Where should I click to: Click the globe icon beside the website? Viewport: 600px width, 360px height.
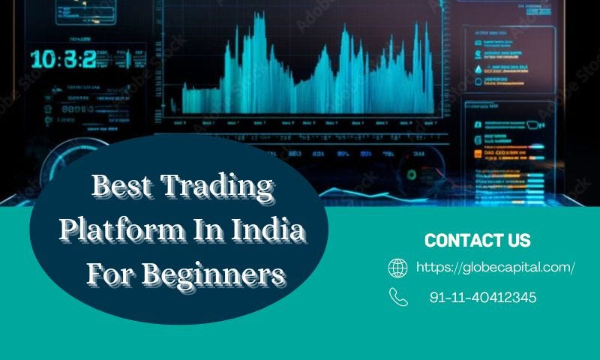coord(397,268)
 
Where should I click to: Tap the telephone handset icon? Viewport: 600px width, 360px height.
coord(398,297)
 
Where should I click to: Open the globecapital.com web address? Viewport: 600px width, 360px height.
coord(495,267)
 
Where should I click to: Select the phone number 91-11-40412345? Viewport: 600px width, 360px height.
coord(483,298)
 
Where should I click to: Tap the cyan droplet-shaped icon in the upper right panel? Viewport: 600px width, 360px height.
coord(478,69)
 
